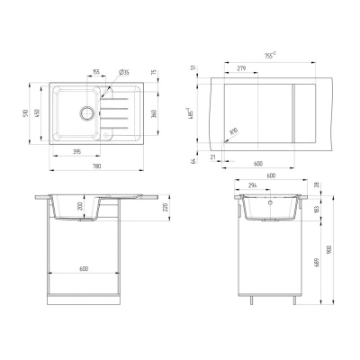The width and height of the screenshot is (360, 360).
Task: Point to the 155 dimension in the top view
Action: point(95,72)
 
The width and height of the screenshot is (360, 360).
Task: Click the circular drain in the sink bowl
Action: point(87,112)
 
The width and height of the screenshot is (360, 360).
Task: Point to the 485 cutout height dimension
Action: point(202,116)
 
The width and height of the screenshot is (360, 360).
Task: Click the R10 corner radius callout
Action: point(234,133)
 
